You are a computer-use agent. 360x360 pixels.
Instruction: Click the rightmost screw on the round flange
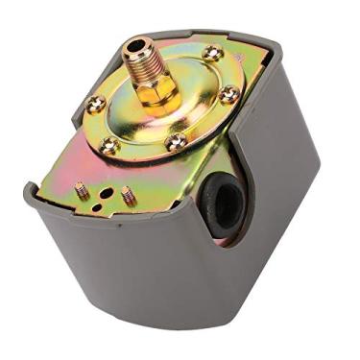tap(228, 94)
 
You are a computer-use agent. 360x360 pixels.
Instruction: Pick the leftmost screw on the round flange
tap(94, 105)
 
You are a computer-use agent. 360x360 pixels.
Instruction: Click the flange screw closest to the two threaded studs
tap(110, 145)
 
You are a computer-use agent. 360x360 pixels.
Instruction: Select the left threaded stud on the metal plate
tap(83, 189)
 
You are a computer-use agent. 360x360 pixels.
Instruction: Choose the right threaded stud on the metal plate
tap(126, 195)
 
